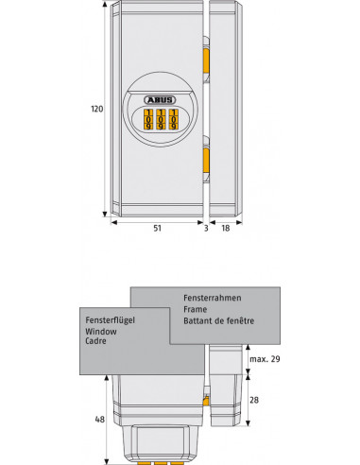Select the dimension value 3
coord(205,228)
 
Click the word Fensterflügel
coord(110,320)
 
